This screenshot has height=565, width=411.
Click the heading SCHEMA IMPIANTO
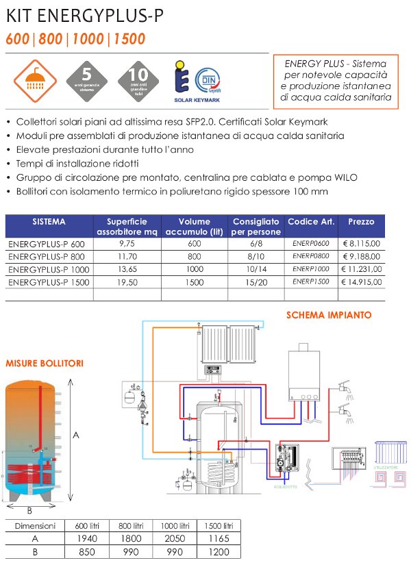328,316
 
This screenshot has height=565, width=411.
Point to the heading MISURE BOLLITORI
45,363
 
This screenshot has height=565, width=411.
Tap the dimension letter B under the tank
29,510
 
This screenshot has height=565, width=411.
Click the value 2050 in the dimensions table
175,538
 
